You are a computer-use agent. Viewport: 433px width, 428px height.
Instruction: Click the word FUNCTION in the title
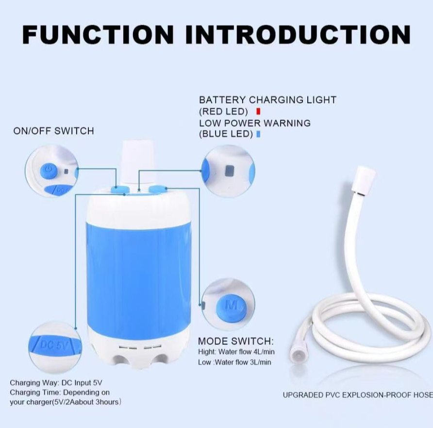pyautogui.click(x=98, y=35)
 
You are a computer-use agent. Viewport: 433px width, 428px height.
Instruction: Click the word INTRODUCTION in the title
pyautogui.click(x=298, y=35)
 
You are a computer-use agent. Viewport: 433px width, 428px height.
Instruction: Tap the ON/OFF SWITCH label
pyautogui.click(x=53, y=131)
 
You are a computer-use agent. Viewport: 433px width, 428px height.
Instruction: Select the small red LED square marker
pyautogui.click(x=258, y=111)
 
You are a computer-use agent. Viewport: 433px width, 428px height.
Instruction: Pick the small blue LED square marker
pyautogui.click(x=258, y=134)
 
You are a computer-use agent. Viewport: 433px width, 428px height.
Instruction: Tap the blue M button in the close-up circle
pyautogui.click(x=231, y=306)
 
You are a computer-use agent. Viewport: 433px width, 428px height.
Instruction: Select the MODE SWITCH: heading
pyautogui.click(x=236, y=341)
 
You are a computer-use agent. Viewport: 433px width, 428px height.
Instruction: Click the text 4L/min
pyautogui.click(x=264, y=352)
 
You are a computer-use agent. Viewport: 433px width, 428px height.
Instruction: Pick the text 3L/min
pyautogui.click(x=260, y=362)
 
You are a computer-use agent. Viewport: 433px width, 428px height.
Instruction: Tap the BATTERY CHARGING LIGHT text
pyautogui.click(x=267, y=100)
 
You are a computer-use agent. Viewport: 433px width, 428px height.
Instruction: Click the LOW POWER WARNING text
pyautogui.click(x=255, y=123)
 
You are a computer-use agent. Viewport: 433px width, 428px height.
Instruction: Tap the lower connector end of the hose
pyautogui.click(x=297, y=356)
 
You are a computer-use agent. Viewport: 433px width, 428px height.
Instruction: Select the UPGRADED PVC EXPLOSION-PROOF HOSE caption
pyautogui.click(x=358, y=395)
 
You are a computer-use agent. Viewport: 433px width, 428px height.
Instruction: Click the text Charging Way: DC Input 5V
pyautogui.click(x=56, y=383)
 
